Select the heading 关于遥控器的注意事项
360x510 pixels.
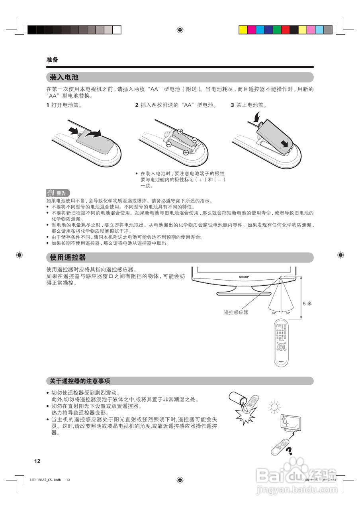click(x=80, y=381)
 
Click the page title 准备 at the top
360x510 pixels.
click(x=52, y=60)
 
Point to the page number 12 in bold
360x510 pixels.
click(x=37, y=461)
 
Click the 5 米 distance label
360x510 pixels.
click(x=307, y=303)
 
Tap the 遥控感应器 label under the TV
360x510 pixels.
click(x=236, y=312)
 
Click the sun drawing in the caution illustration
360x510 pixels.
click(x=274, y=407)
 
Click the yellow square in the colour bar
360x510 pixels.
click(x=243, y=30)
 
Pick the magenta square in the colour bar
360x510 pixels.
click(x=252, y=30)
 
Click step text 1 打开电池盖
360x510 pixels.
click(x=64, y=106)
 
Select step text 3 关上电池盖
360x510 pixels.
click(x=248, y=106)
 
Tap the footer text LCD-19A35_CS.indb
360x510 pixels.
click(x=45, y=480)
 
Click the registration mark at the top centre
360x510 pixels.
click(x=180, y=30)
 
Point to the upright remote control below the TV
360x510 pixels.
click(x=281, y=342)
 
